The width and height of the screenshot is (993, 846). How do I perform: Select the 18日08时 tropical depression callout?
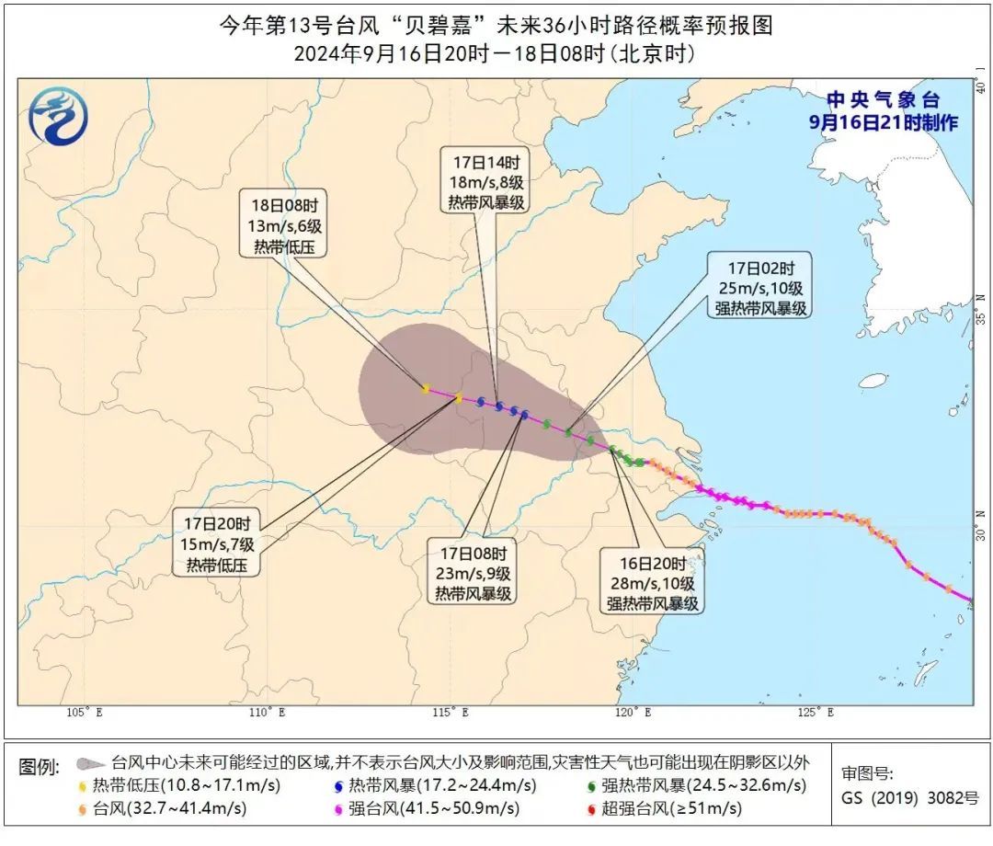pos(284,225)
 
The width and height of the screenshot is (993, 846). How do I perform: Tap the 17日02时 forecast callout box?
pos(760,288)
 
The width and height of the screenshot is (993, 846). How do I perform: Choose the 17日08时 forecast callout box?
pos(473,574)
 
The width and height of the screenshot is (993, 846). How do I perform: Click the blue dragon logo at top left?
pos(58,117)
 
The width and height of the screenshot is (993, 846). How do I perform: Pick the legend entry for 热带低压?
pos(180,785)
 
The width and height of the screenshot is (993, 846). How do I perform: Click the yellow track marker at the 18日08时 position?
pos(425,389)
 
